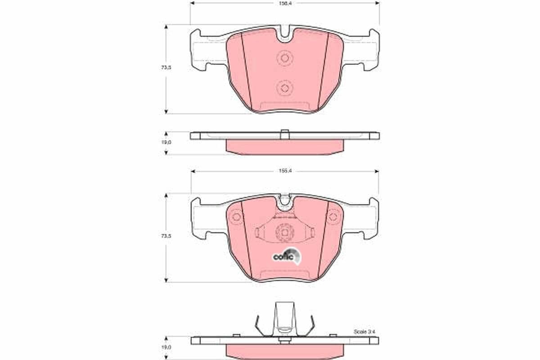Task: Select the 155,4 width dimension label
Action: click(284, 171)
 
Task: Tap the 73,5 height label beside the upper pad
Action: click(166, 67)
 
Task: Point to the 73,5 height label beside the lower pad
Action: click(166, 235)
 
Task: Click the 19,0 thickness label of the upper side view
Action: click(166, 142)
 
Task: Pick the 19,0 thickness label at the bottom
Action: click(166, 347)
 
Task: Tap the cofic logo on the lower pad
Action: click(284, 256)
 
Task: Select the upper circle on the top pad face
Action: click(284, 58)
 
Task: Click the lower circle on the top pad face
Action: click(284, 87)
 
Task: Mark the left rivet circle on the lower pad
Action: click(236, 217)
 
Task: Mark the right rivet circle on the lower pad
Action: click(333, 217)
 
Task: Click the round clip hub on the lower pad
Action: click(284, 232)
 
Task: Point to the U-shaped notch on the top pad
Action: click(284, 35)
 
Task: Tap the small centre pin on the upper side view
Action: click(284, 133)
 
